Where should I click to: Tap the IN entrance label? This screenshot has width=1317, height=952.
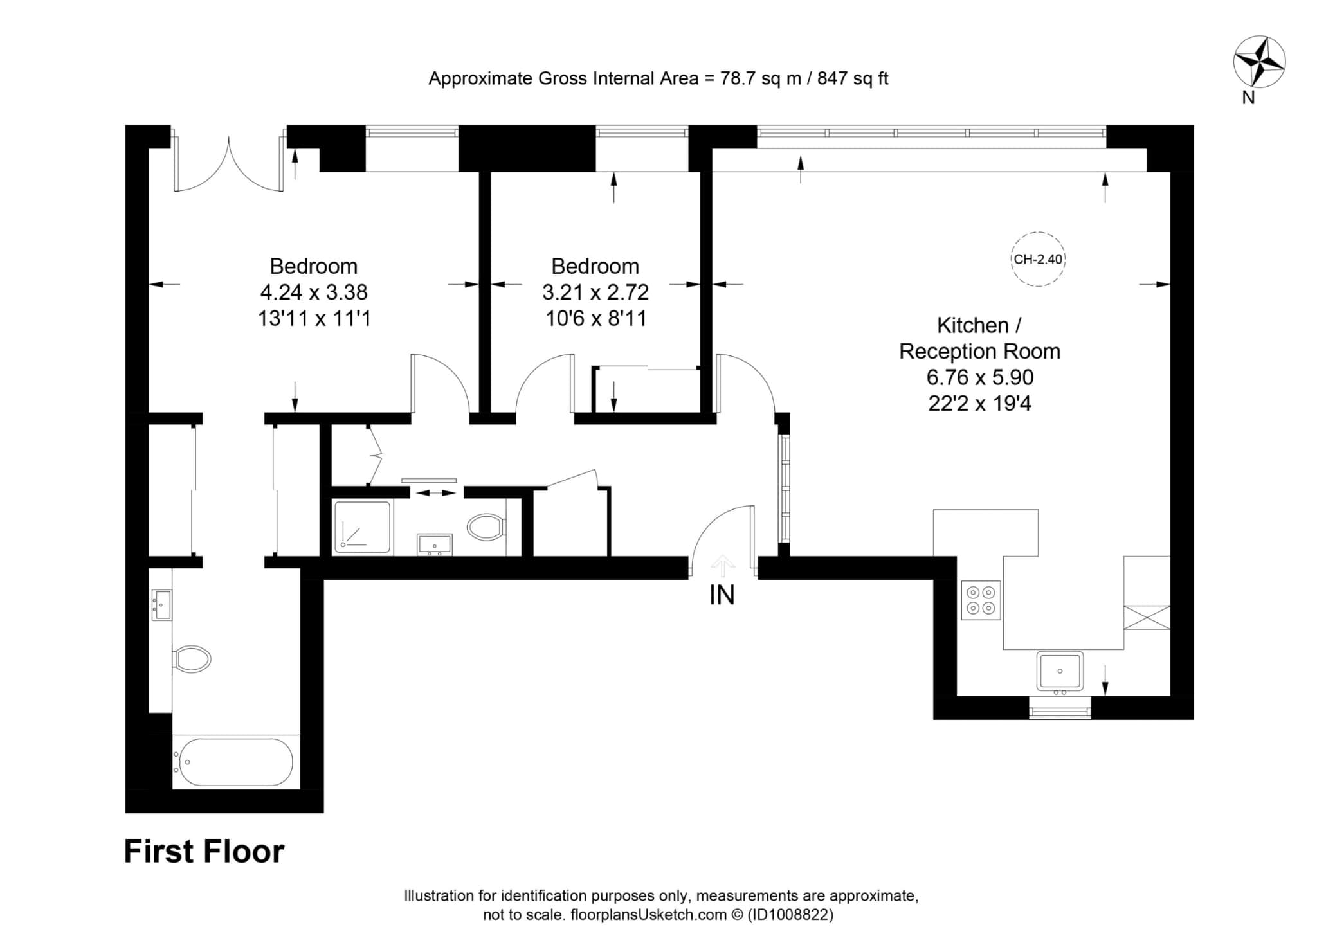[x=722, y=595]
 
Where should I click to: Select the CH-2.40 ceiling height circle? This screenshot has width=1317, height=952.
[x=1037, y=259]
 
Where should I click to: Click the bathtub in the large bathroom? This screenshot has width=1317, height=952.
[x=236, y=762]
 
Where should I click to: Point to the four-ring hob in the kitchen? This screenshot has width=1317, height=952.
[x=981, y=600]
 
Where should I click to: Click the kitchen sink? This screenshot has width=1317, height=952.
[x=1059, y=671]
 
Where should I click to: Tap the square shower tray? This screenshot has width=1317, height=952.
[x=363, y=527]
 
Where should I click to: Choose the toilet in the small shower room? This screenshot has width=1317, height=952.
[x=487, y=528]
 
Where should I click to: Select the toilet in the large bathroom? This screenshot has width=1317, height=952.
[x=192, y=659]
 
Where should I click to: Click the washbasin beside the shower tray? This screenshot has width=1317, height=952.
[x=435, y=544]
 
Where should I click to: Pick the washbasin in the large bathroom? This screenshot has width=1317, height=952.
[x=161, y=605]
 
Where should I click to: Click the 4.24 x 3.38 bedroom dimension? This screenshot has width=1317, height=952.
[x=314, y=292]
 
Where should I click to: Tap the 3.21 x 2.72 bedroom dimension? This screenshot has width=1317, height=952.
[x=595, y=292]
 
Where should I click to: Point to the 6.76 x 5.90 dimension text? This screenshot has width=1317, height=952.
[x=979, y=377]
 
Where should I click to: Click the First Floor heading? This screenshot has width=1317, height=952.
[x=204, y=851]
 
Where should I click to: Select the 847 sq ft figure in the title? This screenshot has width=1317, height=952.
[x=853, y=78]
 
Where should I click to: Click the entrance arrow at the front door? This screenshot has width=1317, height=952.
[x=723, y=566]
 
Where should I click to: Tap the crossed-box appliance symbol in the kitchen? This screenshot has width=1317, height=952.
[x=1147, y=617]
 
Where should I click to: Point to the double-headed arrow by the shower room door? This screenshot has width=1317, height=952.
[x=436, y=493]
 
